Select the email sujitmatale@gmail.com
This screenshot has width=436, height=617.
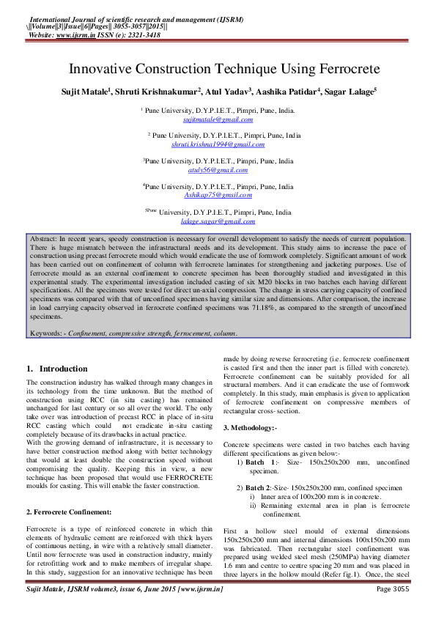click(x=218, y=119)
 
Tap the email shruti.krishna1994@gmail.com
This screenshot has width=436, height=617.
click(x=218, y=145)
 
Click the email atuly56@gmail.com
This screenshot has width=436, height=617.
click(x=218, y=169)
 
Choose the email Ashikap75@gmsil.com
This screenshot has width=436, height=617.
click(x=218, y=195)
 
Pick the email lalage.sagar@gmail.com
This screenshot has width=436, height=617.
click(x=218, y=221)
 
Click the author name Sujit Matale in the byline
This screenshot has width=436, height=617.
click(x=105, y=92)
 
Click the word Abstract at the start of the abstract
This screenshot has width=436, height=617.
click(x=43, y=239)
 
